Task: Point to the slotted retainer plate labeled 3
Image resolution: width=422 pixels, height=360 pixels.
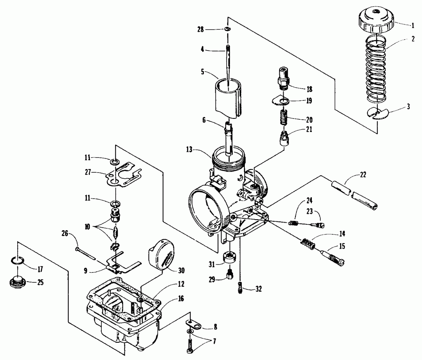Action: coord(377,113)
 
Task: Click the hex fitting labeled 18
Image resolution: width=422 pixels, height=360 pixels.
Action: coord(282,78)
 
